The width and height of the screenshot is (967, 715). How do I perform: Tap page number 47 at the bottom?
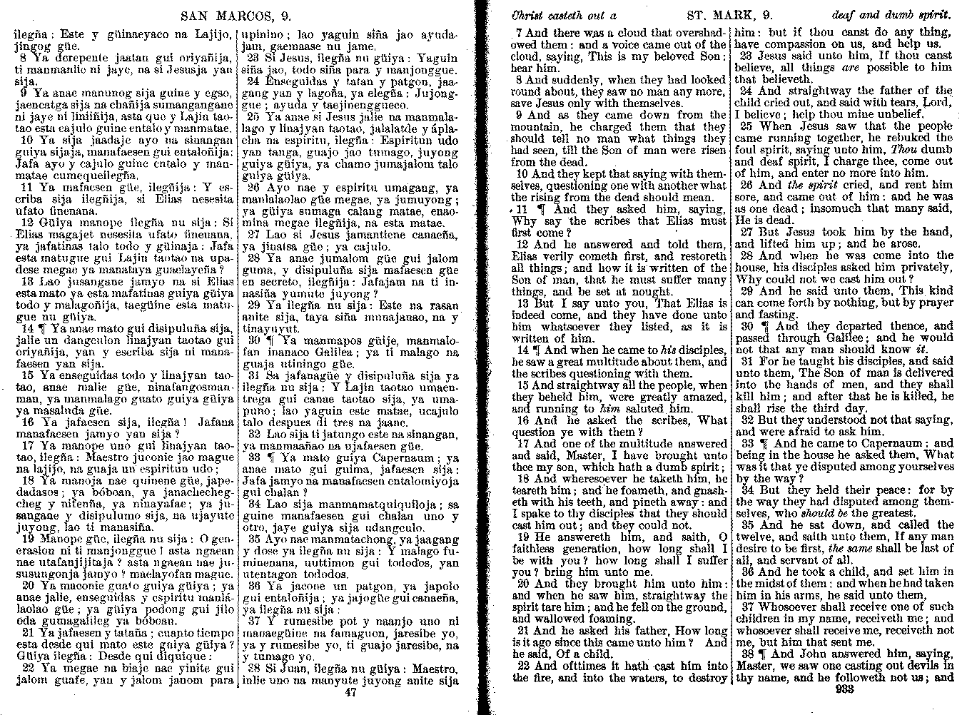(x=350, y=691)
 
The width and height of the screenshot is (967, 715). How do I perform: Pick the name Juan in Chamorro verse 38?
(x=287, y=669)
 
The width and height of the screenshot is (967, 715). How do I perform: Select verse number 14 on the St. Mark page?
(x=522, y=350)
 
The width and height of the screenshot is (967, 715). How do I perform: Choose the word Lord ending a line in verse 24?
(x=939, y=103)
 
